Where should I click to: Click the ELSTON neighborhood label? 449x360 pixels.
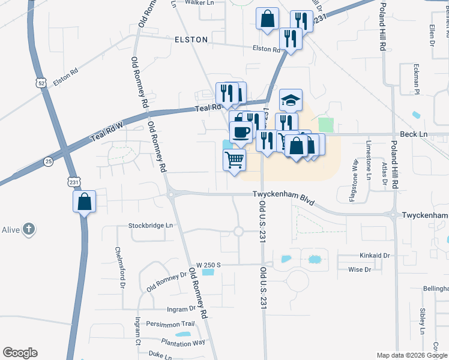191,40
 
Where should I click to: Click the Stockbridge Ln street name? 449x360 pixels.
151,226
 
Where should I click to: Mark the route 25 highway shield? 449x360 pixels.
49,161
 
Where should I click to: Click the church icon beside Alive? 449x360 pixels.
29,229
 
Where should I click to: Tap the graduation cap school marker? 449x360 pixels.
291,100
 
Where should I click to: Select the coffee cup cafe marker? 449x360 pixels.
241,131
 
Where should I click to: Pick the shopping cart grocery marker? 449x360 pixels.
234,160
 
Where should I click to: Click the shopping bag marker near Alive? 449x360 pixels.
85,201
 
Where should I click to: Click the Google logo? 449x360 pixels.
20,353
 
